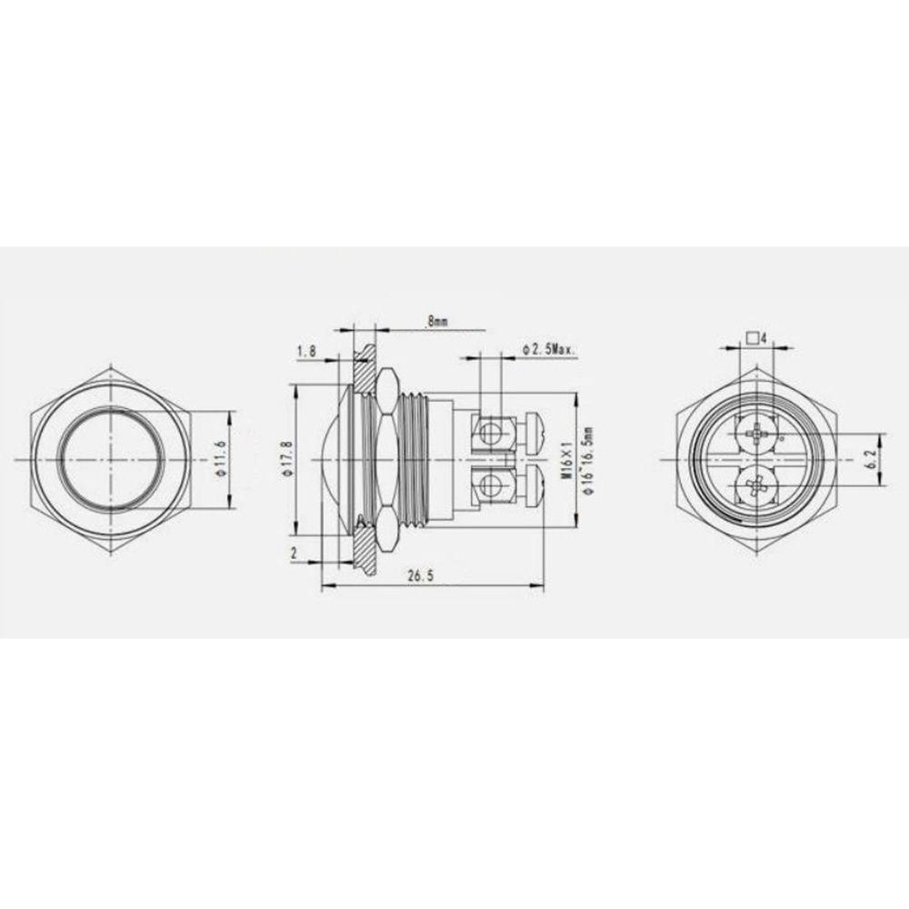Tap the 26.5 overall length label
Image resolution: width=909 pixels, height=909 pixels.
(x=421, y=575)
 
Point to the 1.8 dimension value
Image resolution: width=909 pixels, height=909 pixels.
(x=306, y=351)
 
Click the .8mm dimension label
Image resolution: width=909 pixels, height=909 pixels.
(x=437, y=321)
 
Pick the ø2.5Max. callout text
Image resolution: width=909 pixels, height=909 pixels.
(x=548, y=350)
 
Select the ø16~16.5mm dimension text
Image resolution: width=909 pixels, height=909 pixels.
(x=589, y=461)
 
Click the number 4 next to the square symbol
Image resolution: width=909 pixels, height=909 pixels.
(x=764, y=338)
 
